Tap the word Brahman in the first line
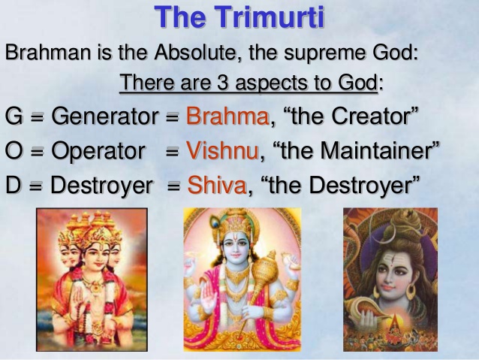tap(48, 52)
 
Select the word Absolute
tap(196, 52)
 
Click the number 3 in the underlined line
tap(223, 83)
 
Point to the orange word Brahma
tap(227, 116)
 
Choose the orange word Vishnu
tap(223, 151)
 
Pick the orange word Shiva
tap(217, 185)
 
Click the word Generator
tap(105, 116)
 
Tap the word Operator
tap(98, 151)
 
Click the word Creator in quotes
tap(370, 116)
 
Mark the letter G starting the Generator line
tap(14, 116)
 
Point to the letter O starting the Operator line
tap(14, 151)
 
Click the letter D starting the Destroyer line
tap(14, 185)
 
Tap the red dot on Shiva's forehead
tap(390, 267)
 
